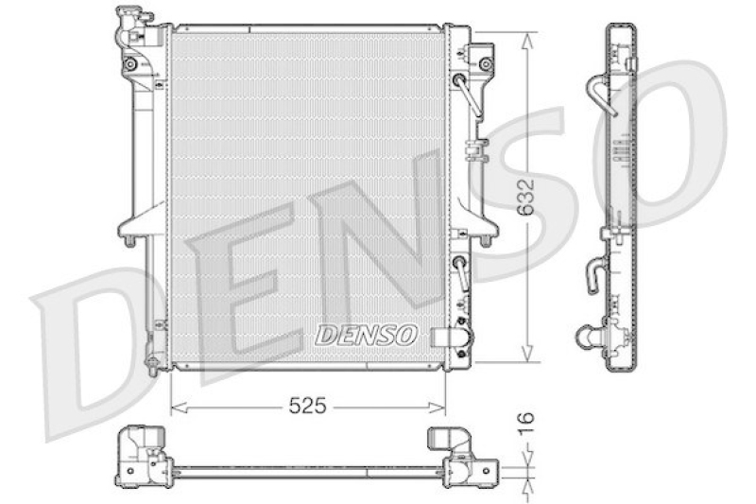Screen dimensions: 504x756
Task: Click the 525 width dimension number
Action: coord(307,407)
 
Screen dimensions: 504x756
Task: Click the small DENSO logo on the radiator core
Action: coord(365,335)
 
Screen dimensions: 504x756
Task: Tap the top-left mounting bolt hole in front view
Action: coord(130,64)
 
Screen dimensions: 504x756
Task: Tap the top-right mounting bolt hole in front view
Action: coord(486,63)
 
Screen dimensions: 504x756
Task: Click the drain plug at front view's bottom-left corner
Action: coord(150,361)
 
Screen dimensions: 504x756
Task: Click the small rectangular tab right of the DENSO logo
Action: coord(441,335)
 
